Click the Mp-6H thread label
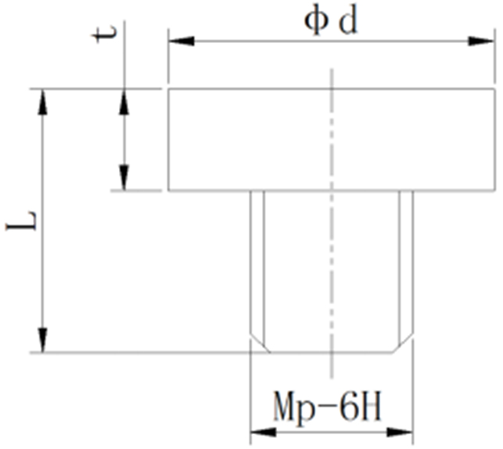coord(328,407)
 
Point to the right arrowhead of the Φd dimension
coord(484,40)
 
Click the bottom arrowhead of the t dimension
coord(122,179)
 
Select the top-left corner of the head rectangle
coord(168,89)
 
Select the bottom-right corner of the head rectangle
coord(493,190)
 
